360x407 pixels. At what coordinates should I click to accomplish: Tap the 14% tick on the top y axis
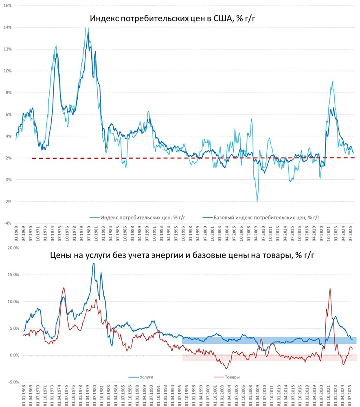click(x=7, y=27)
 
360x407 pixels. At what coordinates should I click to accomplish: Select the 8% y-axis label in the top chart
click(x=8, y=92)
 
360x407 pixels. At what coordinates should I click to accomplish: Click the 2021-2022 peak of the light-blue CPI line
click(x=332, y=81)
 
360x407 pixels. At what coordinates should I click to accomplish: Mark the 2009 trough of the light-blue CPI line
click(x=257, y=202)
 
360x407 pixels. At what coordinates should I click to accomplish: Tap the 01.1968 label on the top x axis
click(x=17, y=235)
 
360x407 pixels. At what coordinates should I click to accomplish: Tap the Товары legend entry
click(x=232, y=377)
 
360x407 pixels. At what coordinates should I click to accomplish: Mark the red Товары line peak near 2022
click(x=330, y=289)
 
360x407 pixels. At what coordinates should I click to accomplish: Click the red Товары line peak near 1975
click(x=64, y=288)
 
